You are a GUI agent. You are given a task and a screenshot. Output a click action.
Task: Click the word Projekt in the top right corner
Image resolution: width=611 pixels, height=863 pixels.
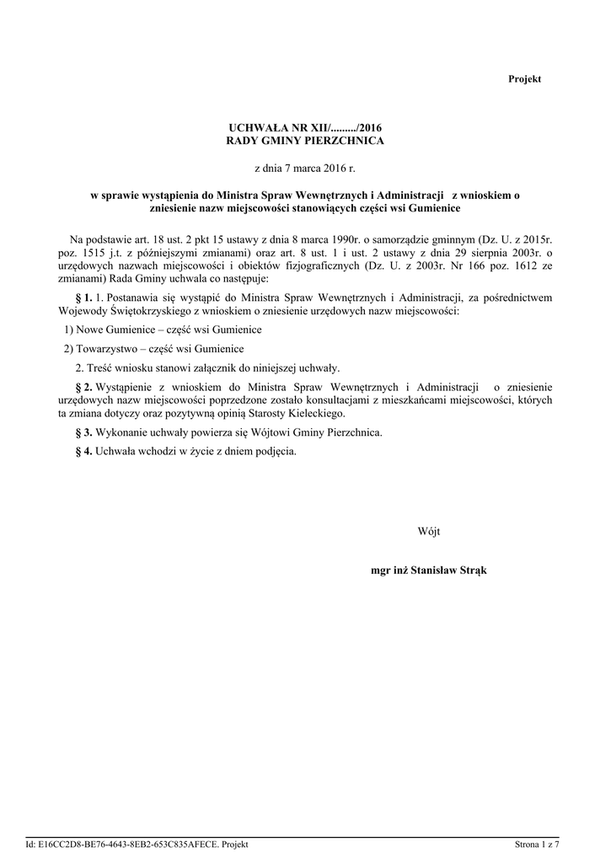tap(524, 79)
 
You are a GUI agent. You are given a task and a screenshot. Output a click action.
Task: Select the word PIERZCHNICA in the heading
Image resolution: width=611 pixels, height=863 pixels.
tap(346, 141)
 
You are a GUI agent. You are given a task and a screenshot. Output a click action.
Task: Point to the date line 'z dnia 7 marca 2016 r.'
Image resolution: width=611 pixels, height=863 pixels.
tap(305, 169)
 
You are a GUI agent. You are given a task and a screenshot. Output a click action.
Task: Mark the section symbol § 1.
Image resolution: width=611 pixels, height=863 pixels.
tap(83, 297)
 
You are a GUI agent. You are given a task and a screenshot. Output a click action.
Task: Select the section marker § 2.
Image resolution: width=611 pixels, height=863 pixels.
tap(83, 386)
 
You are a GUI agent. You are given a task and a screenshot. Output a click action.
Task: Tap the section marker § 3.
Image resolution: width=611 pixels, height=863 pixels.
tap(83, 432)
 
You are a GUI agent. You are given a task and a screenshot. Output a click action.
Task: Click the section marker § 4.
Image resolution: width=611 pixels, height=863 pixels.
tap(83, 451)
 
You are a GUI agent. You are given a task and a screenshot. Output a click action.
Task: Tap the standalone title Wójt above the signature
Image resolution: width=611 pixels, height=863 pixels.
tap(429, 532)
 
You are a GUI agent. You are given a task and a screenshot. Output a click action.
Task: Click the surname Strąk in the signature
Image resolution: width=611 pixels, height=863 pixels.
tap(471, 571)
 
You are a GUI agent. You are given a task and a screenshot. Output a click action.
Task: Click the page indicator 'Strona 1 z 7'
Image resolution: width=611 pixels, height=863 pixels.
tap(538, 844)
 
